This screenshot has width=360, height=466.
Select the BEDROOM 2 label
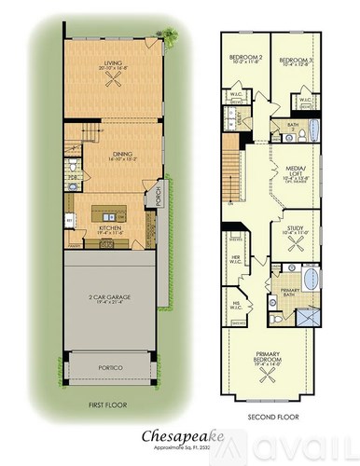(x=245, y=58)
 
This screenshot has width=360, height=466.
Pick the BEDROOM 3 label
(x=297, y=58)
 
